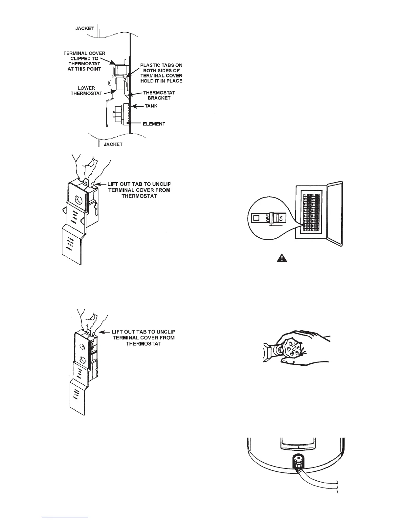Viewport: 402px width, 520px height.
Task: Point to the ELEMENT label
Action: coord(154,124)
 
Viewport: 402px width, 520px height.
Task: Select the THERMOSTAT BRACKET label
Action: coord(159,95)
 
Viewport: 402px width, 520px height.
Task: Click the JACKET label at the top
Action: coord(84,29)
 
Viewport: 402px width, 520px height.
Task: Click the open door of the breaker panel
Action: coord(335,213)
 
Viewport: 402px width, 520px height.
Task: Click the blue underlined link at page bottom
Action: coord(66,517)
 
